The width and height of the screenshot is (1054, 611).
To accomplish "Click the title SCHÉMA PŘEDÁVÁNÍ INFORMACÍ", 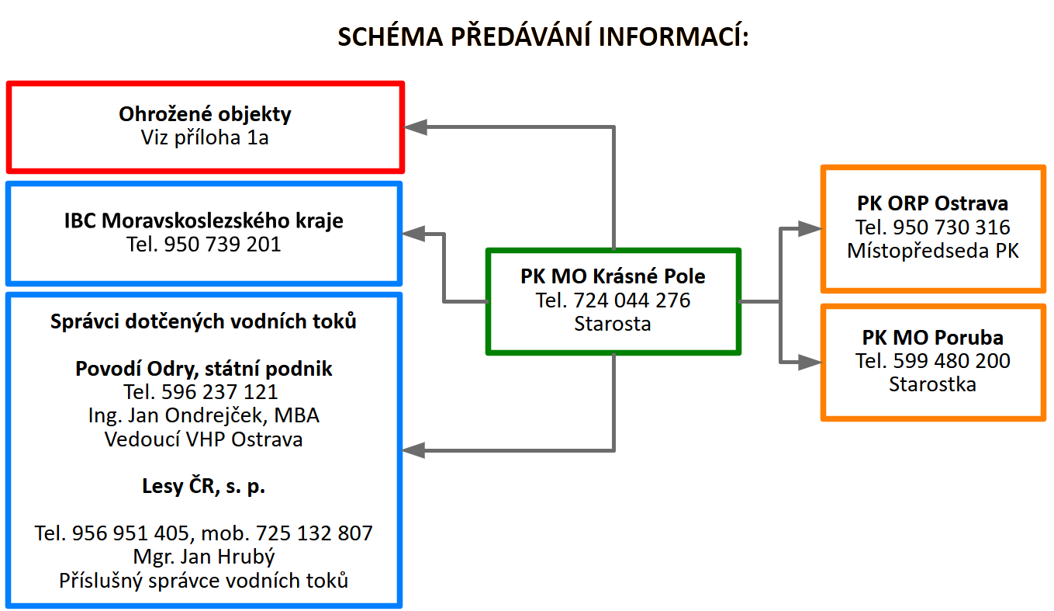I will click(x=543, y=37).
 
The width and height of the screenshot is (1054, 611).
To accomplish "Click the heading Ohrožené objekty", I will click(x=205, y=114).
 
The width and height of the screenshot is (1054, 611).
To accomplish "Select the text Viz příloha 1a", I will click(x=205, y=138).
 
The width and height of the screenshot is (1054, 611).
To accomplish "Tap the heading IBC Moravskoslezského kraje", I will click(x=203, y=220).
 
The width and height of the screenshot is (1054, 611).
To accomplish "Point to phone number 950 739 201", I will click(x=223, y=245).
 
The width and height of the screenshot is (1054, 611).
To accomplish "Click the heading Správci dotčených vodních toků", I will click(x=203, y=321).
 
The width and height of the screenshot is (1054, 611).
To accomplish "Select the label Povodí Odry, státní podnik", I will click(x=203, y=369).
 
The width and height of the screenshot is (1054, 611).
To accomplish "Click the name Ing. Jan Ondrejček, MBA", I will click(x=203, y=415).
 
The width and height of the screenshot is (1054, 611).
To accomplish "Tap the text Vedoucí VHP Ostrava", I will click(x=203, y=439).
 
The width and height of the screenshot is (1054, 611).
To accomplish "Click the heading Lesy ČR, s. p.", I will click(x=203, y=486).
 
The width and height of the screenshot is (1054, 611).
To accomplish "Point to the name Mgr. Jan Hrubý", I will click(x=203, y=557).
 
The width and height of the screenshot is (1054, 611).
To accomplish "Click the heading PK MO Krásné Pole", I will click(x=613, y=276).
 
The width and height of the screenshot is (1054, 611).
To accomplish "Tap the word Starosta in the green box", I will click(x=613, y=324).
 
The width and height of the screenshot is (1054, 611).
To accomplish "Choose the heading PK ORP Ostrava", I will click(x=932, y=203).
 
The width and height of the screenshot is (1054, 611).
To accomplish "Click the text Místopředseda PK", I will click(x=932, y=251).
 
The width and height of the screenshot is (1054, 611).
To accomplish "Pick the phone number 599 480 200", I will click(x=952, y=360).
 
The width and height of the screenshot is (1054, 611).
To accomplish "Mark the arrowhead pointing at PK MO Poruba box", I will click(x=810, y=362).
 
